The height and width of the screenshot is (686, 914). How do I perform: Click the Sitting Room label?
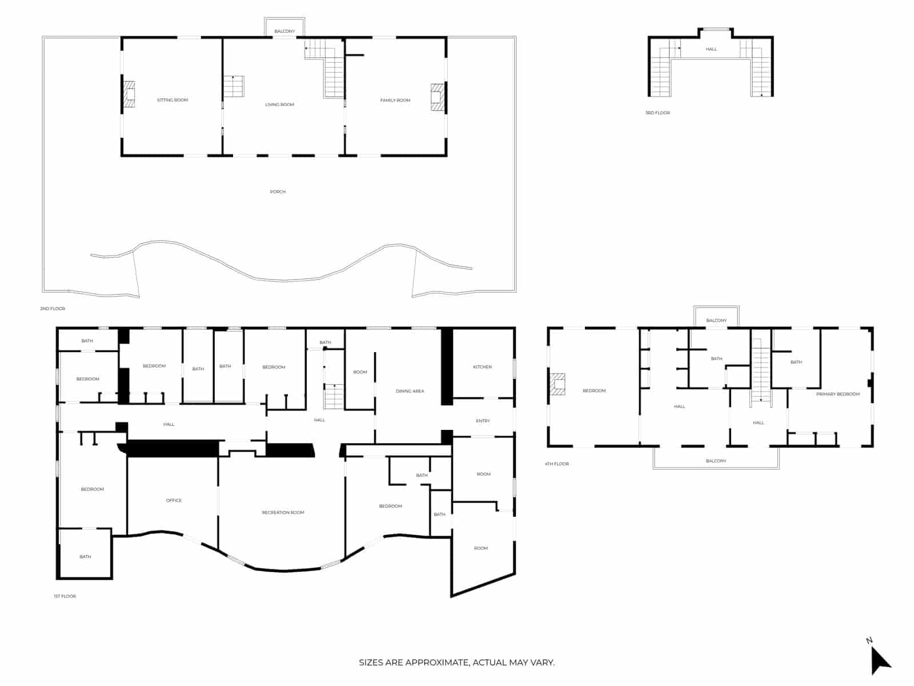point(172,100)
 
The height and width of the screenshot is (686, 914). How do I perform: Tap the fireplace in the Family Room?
point(437,97)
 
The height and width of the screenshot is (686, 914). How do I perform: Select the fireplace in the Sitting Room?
point(130,94)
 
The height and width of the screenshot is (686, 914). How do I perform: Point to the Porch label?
point(278,192)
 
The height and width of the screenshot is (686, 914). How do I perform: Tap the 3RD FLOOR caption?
point(658,113)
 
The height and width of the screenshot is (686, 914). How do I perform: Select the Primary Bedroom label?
point(837,394)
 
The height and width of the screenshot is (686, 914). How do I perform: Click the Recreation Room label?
point(283,513)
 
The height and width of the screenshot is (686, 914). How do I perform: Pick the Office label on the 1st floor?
point(174,501)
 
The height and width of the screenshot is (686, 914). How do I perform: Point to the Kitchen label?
point(482,367)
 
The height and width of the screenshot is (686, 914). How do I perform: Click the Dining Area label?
point(410,392)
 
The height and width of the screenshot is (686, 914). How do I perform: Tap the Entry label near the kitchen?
point(483,421)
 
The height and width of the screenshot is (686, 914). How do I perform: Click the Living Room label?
point(279,105)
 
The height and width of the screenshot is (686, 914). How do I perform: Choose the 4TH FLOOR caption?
point(556,464)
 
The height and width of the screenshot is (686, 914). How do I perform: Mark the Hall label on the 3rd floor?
point(711,49)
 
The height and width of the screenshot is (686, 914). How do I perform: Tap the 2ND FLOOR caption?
point(53,309)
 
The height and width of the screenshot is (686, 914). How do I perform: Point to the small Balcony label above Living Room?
point(284,31)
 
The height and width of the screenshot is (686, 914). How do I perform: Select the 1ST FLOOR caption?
point(65,596)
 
